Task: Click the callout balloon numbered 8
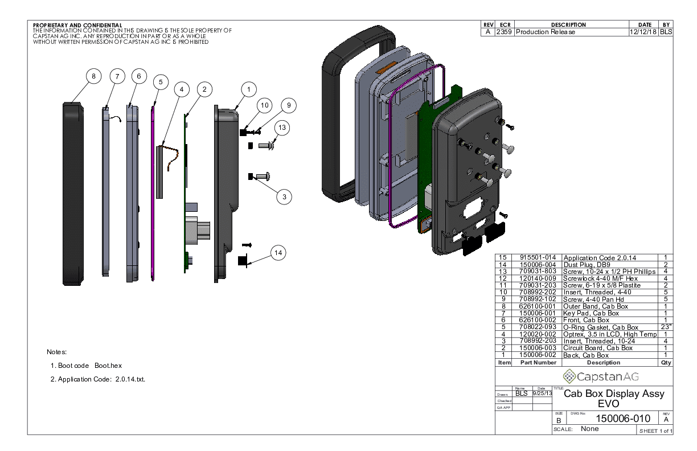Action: pos(93,76)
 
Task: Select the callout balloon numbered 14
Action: pos(278,253)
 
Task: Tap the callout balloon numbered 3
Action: pos(284,196)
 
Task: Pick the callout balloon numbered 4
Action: pos(181,89)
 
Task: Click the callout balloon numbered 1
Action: pos(248,89)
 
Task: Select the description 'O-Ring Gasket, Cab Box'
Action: pos(601,327)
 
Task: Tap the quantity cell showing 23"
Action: pos(665,327)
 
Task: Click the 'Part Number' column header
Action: pos(538,362)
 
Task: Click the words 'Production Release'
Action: pos(545,32)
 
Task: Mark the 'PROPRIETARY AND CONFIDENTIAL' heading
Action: pos(77,26)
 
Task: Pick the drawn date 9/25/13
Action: pos(542,393)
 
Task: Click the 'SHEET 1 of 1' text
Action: pos(655,430)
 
